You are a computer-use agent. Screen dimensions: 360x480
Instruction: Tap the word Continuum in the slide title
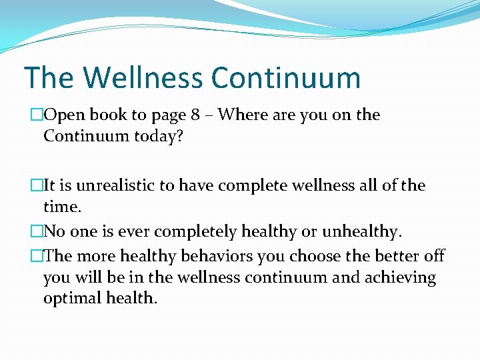coord(286,77)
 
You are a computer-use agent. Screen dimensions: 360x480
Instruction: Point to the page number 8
coord(195,115)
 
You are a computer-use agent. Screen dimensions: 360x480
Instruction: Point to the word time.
coord(62,207)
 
